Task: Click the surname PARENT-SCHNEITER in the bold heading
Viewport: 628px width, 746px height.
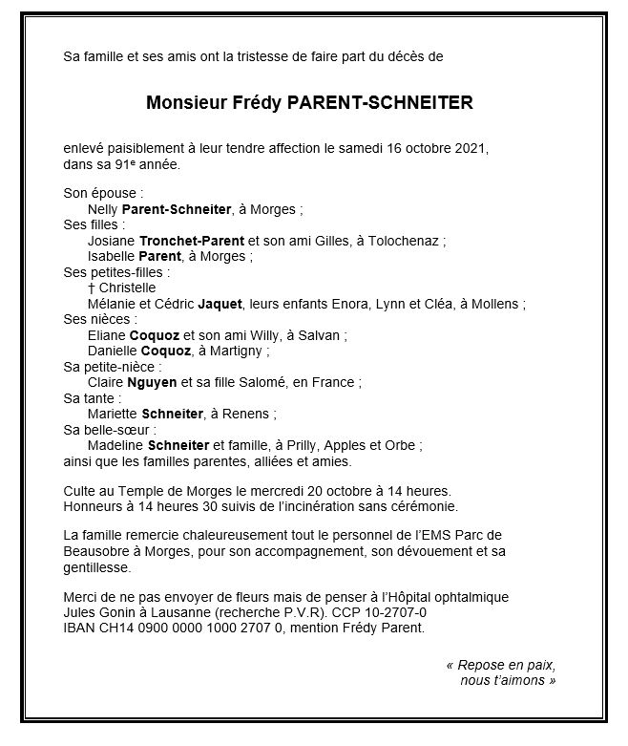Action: (x=380, y=102)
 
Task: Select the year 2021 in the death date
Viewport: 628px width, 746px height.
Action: (x=472, y=149)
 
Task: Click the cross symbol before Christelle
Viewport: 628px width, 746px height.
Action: (x=91, y=288)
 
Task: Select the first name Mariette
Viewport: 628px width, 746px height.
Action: (x=112, y=414)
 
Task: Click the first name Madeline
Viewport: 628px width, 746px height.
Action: (x=115, y=444)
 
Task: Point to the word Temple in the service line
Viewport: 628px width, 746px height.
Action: (x=135, y=490)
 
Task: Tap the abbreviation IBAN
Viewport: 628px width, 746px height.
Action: (x=79, y=628)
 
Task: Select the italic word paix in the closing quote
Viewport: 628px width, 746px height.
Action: (x=540, y=664)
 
